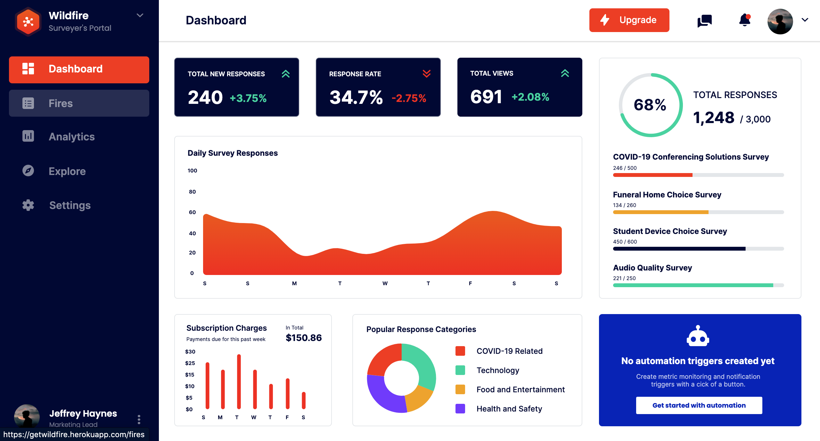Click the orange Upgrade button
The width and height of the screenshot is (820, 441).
pos(629,20)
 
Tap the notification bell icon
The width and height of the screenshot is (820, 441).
pos(744,21)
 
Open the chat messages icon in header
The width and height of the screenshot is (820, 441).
pos(704,21)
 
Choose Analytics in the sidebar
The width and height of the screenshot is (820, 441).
pos(71,137)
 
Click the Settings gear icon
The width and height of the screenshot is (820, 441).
pos(28,205)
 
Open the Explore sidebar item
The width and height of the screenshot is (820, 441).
pos(67,171)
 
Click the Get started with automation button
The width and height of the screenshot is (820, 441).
pos(699,405)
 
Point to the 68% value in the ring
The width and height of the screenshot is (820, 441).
pos(650,105)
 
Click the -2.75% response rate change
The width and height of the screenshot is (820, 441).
pos(409,98)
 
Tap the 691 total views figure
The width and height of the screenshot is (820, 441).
pos(486,97)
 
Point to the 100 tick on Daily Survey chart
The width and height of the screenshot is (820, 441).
pos(192,171)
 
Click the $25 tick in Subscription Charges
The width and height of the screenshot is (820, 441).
pos(190,363)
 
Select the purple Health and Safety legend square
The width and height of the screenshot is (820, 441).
pos(460,409)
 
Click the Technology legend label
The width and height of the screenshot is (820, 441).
pos(498,370)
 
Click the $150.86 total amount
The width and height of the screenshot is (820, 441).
pos(304,338)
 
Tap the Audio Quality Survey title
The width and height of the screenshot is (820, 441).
pos(652,268)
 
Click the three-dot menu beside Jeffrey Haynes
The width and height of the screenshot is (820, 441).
pos(139,420)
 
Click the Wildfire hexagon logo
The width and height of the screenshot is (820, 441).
pos(28,22)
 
